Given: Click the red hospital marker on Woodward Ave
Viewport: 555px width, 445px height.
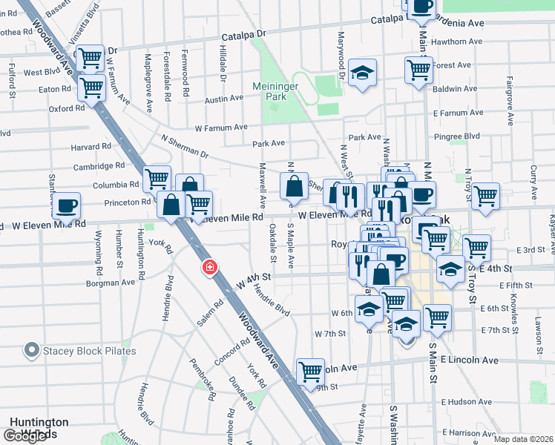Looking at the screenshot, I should pos(211,267).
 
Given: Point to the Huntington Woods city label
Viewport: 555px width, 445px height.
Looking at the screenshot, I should pos(39,427).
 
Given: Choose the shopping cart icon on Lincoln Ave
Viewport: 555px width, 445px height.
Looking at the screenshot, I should pos(310,371).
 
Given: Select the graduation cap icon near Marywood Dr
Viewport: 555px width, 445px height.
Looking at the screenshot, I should pos(363,73).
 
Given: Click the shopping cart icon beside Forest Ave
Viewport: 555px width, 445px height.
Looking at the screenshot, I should pos(418,70).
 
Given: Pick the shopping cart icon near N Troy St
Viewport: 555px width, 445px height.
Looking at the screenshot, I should pos(485,196).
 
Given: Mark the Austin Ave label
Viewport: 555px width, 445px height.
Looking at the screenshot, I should pos(224,99).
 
